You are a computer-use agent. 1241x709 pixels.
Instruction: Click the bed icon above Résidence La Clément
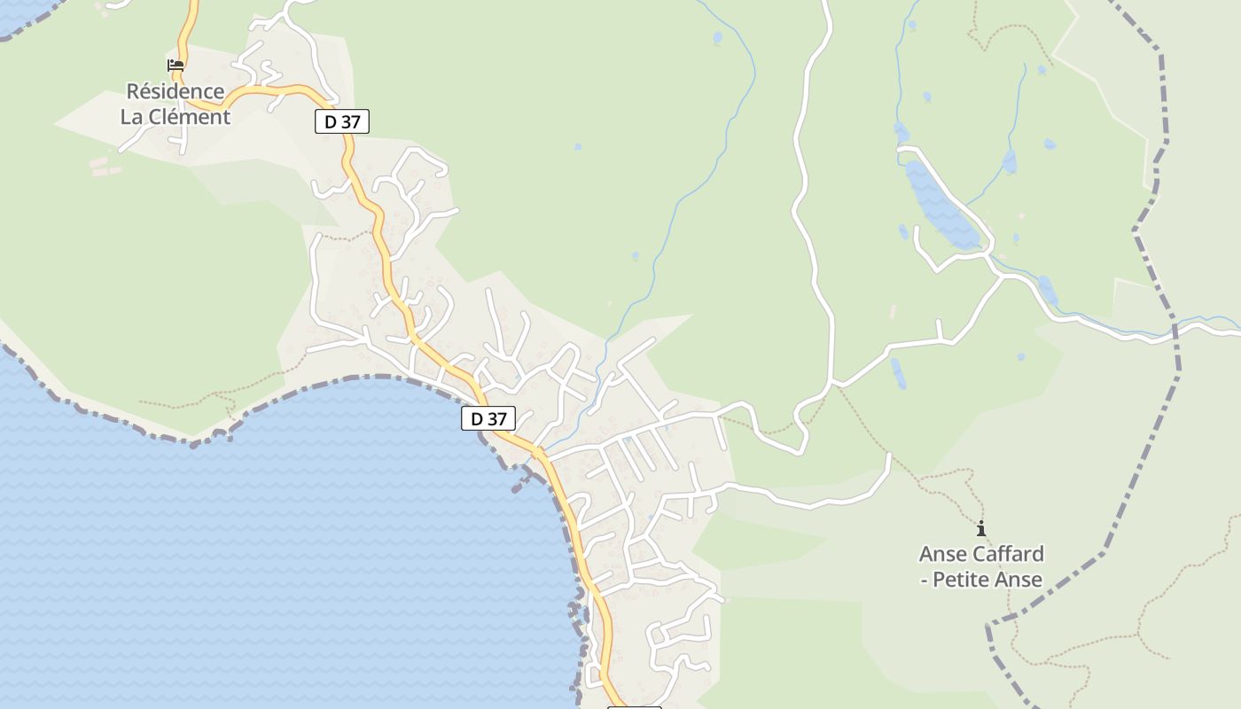[176, 65]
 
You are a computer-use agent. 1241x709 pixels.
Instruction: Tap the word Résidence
[175, 91]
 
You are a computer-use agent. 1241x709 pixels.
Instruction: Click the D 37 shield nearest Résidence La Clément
[341, 121]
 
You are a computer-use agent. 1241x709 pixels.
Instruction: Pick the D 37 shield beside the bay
[488, 418]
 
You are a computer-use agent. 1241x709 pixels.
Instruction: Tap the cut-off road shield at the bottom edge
[634, 705]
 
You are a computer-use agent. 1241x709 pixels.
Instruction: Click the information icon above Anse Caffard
[980, 529]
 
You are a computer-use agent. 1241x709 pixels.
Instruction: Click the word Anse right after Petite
[1019, 580]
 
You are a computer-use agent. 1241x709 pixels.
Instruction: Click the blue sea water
[266, 549]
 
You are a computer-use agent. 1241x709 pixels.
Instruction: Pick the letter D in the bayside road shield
[476, 418]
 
